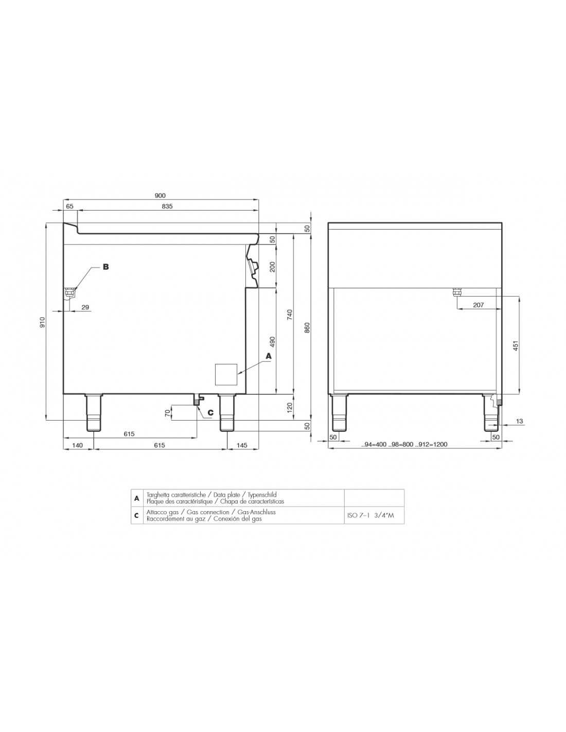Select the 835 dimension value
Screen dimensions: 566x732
coord(167,206)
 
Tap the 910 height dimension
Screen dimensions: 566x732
coord(42,322)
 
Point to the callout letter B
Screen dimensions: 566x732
coord(105,267)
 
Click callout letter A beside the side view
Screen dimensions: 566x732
coord(269,355)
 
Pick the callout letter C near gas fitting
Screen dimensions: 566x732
coord(210,412)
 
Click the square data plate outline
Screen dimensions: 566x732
coord(226,374)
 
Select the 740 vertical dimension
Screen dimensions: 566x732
coord(290,315)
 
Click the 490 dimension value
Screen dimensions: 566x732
coord(273,342)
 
